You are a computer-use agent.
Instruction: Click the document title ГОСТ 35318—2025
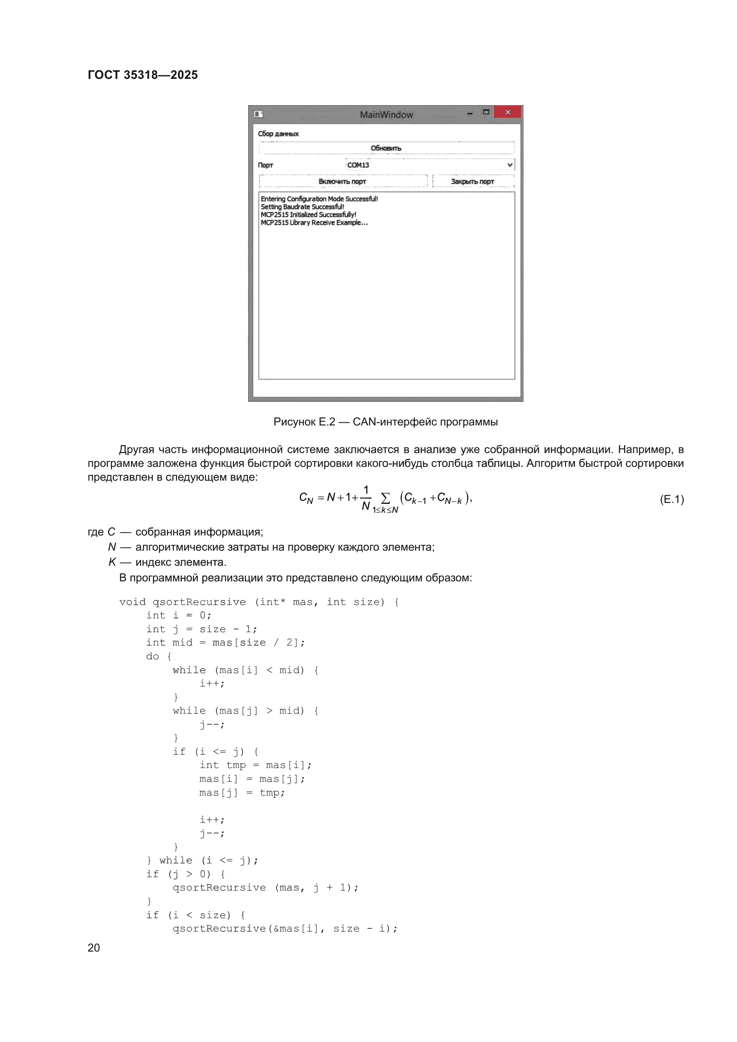[x=143, y=75]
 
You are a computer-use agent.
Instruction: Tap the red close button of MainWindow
[x=508, y=112]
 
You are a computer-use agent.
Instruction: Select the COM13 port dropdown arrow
[x=510, y=165]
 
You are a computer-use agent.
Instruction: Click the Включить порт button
[x=343, y=181]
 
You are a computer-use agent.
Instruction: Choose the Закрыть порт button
[x=472, y=181]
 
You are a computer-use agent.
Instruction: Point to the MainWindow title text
[x=386, y=114]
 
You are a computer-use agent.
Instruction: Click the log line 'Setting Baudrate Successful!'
[x=302, y=207]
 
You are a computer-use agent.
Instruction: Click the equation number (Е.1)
[x=671, y=500]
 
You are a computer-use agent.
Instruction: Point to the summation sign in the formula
[x=385, y=499]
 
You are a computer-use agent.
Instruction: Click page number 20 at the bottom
[x=94, y=948]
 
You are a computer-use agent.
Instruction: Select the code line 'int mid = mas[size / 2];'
[x=225, y=643]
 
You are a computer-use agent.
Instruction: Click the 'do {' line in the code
[x=158, y=656]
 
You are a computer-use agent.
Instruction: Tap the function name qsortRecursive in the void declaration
[x=199, y=602]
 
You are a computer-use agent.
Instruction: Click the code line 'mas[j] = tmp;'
[x=242, y=793]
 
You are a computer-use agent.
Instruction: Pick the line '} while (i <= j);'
[x=202, y=861]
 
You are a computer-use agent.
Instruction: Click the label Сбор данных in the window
[x=278, y=134]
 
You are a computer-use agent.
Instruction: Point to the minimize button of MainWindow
[x=470, y=113]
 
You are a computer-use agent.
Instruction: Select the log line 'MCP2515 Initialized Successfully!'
[x=308, y=215]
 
